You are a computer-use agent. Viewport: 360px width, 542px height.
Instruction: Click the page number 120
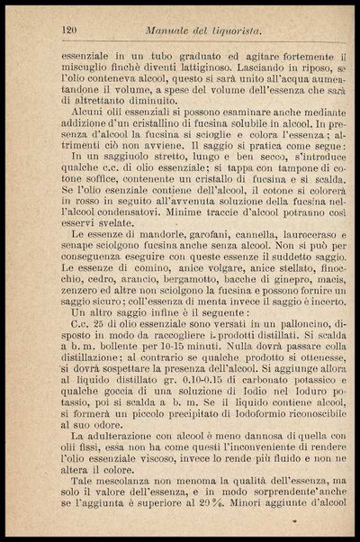click(64, 31)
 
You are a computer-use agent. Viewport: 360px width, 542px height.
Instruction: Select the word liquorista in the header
click(238, 31)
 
